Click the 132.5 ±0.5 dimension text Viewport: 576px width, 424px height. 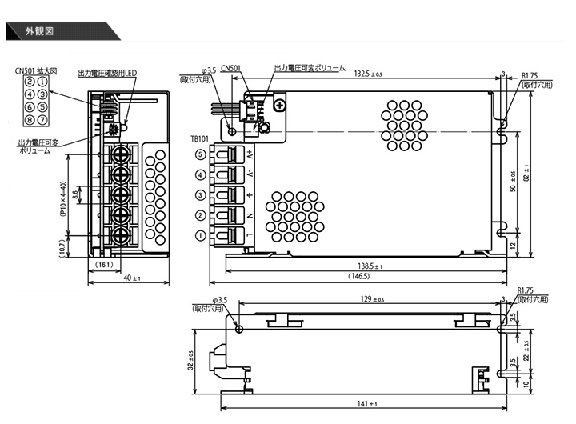coord(367,74)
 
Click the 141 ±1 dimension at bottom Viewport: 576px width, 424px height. coord(367,404)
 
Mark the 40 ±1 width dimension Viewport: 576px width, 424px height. coord(131,278)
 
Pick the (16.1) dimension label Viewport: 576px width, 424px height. coord(104,264)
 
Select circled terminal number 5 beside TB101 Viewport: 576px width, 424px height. coord(200,154)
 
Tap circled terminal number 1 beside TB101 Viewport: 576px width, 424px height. coord(200,236)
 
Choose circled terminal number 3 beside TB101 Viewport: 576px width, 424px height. coord(200,194)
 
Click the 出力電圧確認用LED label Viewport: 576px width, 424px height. coord(107,73)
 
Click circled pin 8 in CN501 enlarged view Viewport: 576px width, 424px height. coord(30,120)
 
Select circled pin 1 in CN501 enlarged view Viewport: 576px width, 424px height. coord(42,82)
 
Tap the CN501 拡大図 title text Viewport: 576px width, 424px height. coord(36,70)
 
